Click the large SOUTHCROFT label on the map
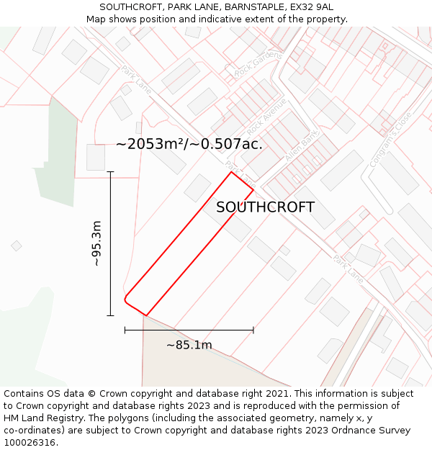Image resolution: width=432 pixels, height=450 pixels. tap(265, 207)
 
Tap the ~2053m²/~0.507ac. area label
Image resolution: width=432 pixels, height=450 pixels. tap(189, 144)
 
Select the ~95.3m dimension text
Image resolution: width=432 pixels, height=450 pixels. tap(96, 243)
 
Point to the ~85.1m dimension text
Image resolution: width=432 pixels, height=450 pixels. tap(189, 345)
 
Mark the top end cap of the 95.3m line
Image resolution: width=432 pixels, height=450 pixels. tap(110, 172)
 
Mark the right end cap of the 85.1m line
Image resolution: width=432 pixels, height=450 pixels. tap(253, 330)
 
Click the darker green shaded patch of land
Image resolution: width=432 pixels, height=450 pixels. tap(60, 155)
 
